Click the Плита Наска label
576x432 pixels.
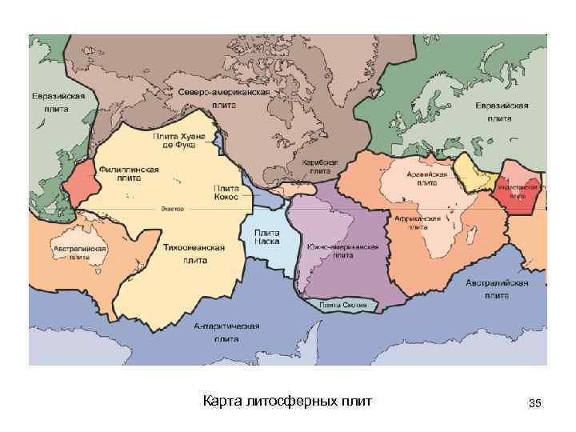(266, 236)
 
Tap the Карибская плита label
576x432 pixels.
(320, 166)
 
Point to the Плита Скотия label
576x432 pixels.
(343, 305)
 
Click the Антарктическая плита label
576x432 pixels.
(227, 333)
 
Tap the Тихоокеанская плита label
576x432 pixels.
(194, 254)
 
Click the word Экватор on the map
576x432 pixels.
(172, 209)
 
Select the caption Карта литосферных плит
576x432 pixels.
(287, 400)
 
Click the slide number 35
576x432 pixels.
(535, 404)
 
